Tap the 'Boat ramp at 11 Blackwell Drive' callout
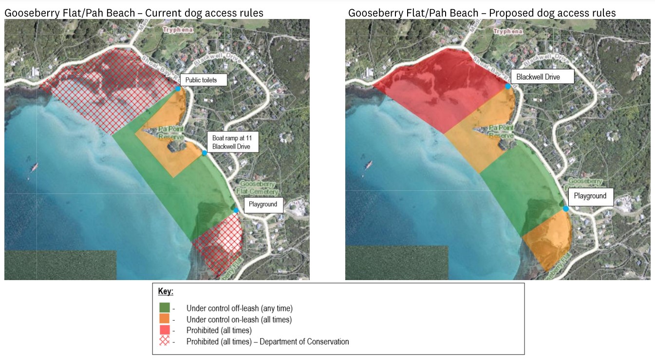tap(232, 142)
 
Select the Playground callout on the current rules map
tap(263, 205)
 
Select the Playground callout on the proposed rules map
tap(590, 196)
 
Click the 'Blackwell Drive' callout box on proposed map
tap(542, 77)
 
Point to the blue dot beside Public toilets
tap(178, 89)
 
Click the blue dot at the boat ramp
tap(205, 153)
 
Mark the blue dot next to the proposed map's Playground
tap(566, 208)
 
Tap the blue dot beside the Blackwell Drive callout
tap(508, 86)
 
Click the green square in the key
tap(165, 308)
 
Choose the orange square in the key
tap(165, 319)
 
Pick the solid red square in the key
tap(165, 330)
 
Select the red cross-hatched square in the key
tap(165, 341)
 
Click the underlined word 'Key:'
tap(166, 292)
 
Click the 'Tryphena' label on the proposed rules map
tap(508, 31)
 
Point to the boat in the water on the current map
tap(35, 168)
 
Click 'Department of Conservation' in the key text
tap(304, 341)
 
